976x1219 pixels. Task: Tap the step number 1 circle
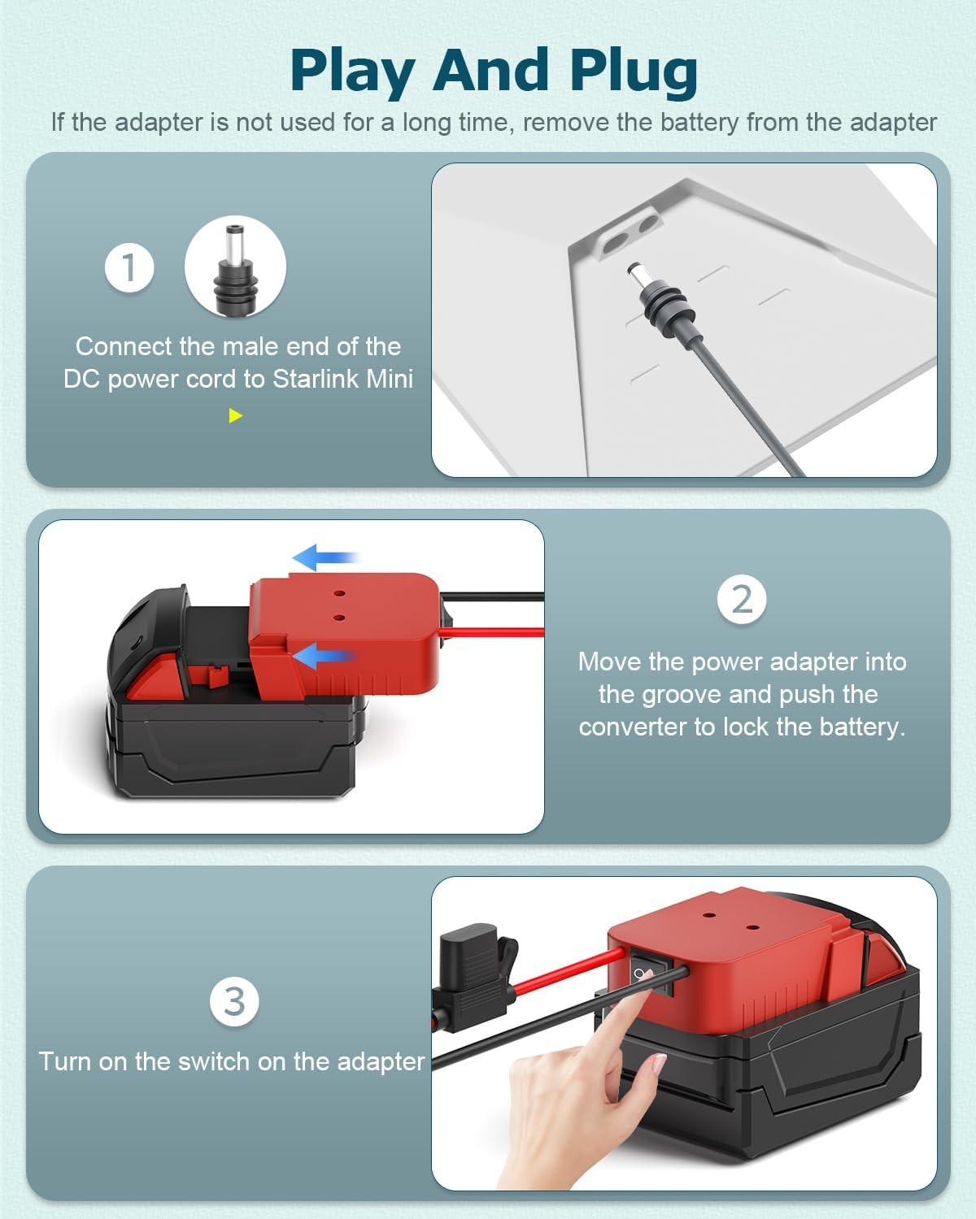(129, 267)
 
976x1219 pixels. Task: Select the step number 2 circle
(741, 599)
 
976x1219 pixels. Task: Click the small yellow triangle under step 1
(235, 416)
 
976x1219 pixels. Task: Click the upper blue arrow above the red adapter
(326, 557)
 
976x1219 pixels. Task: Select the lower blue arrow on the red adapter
(323, 656)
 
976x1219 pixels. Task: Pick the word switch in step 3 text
(214, 1061)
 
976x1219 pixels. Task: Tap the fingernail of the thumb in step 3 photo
(659, 1065)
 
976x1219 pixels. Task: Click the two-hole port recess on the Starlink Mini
(629, 235)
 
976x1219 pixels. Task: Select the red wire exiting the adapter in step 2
(492, 632)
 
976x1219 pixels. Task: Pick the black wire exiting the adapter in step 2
(492, 596)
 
